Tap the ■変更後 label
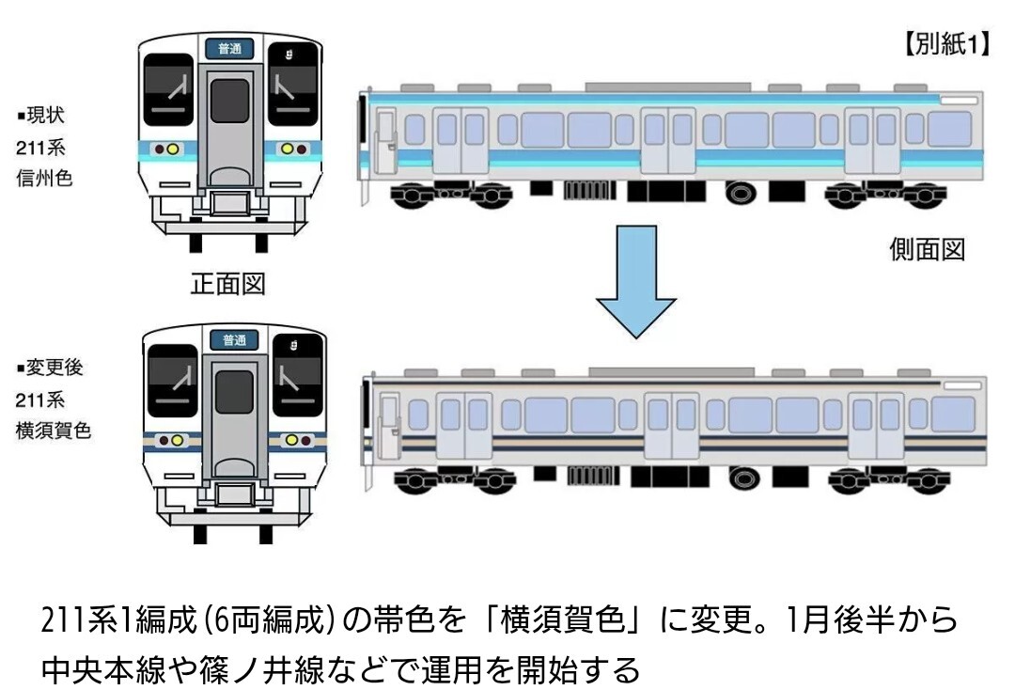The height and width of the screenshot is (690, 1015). (x=49, y=368)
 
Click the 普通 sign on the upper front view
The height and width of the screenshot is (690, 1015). (x=230, y=48)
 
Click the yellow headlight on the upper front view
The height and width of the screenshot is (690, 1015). (x=288, y=149)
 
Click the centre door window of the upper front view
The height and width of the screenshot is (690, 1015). (x=230, y=102)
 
